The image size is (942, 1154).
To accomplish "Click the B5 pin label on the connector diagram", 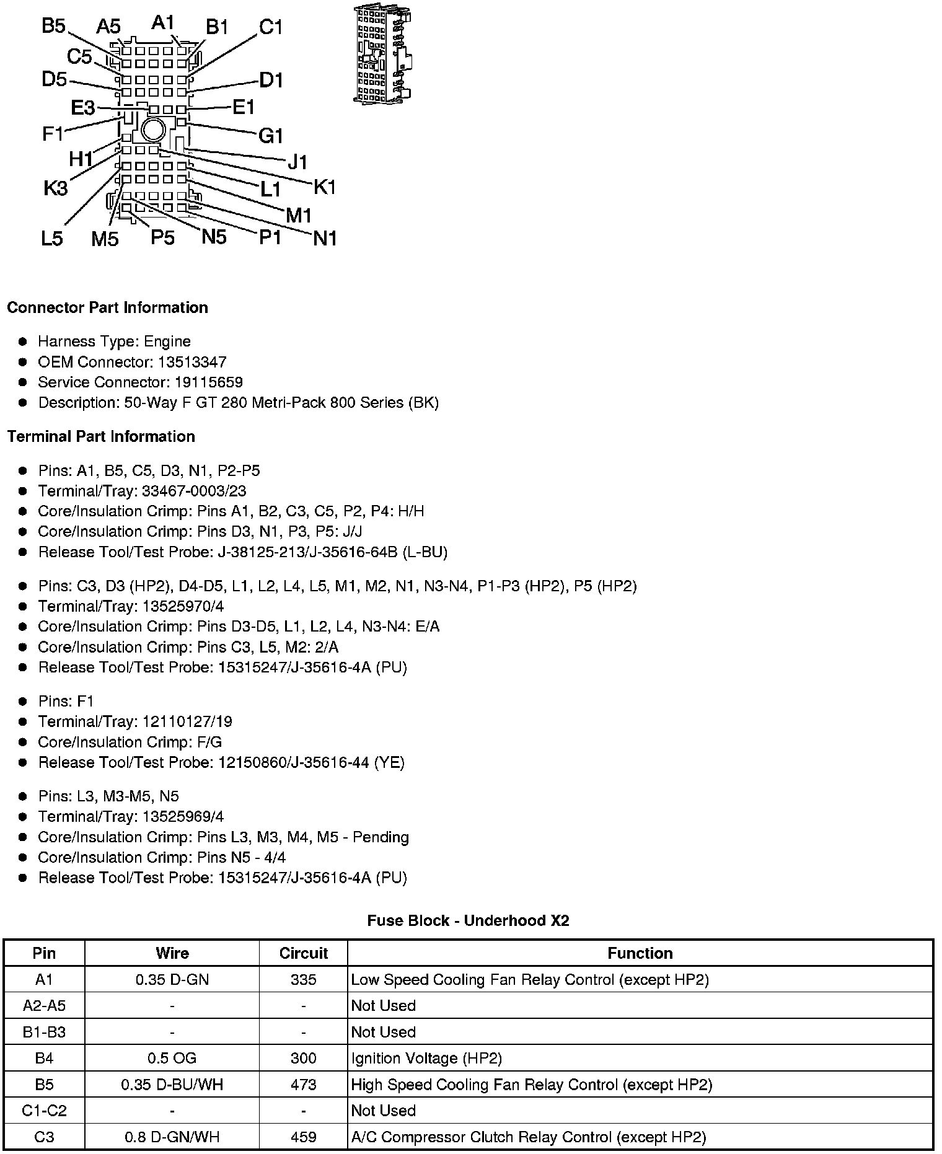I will tap(53, 26).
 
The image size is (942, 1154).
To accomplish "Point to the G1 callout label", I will tap(271, 135).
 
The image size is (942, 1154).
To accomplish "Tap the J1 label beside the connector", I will tap(297, 162).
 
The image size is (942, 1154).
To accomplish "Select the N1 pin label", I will tap(325, 238).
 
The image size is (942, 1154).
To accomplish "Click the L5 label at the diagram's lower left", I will tap(52, 239).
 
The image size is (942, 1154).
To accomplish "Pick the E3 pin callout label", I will tap(82, 108).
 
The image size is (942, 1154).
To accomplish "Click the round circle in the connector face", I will tap(152, 130).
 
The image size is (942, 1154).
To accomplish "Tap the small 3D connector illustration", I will tap(383, 55).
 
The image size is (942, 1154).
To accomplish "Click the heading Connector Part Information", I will tap(107, 308).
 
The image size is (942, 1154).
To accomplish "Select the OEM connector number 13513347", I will tap(192, 362).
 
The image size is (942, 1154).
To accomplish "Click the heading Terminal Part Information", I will tap(101, 437).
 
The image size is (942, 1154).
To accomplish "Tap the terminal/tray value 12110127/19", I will tap(187, 721).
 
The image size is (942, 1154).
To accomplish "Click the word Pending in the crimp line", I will tap(381, 837).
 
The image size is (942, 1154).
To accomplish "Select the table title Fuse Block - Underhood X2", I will tap(468, 921).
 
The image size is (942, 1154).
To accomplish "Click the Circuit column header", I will tap(303, 953).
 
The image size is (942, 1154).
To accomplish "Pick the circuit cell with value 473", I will tap(303, 1085).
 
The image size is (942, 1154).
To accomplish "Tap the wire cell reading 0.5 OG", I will tap(172, 1059).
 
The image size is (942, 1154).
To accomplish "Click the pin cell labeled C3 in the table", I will tap(44, 1137).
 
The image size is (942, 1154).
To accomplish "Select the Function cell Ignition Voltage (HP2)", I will tap(426, 1059).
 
